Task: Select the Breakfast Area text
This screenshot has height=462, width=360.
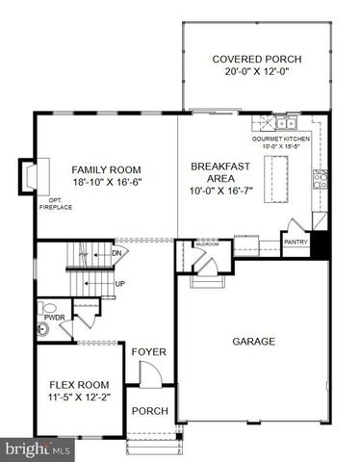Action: (219, 173)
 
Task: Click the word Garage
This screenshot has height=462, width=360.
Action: (254, 341)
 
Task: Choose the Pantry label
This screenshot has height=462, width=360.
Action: (296, 242)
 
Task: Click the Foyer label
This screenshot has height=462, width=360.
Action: (149, 352)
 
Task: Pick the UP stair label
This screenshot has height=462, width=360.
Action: (118, 284)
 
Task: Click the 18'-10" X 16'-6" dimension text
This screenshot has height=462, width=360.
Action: (106, 183)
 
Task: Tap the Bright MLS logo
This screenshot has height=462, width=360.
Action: (36, 449)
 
